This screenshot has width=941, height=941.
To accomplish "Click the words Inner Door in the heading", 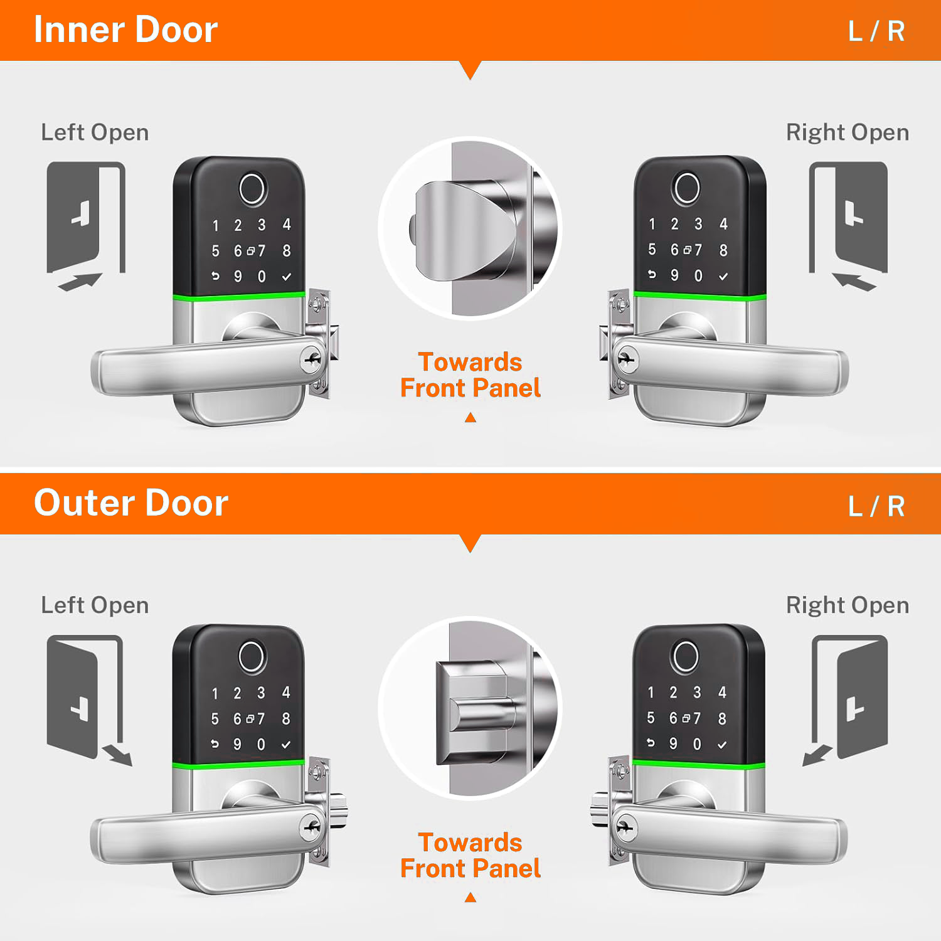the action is click(x=125, y=30).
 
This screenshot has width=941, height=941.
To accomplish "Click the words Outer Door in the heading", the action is click(x=131, y=503).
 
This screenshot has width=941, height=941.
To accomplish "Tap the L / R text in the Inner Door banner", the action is click(x=876, y=31).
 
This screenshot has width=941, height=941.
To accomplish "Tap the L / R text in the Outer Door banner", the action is click(x=876, y=506).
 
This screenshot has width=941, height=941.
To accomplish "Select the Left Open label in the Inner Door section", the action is click(x=95, y=133).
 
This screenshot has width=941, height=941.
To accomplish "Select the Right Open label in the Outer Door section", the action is click(x=848, y=605).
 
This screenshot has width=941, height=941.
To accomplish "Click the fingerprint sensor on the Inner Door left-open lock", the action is click(x=252, y=189).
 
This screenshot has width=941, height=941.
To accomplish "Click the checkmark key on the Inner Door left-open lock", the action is click(x=287, y=277).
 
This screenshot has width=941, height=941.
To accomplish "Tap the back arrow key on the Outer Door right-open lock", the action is click(x=651, y=743).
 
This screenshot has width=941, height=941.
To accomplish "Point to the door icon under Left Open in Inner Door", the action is click(x=86, y=226).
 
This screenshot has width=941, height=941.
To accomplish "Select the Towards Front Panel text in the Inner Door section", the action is click(x=470, y=375).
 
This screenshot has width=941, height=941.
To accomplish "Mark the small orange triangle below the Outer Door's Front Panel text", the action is click(x=470, y=898).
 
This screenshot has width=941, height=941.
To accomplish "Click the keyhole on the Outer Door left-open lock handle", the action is click(x=311, y=827).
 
